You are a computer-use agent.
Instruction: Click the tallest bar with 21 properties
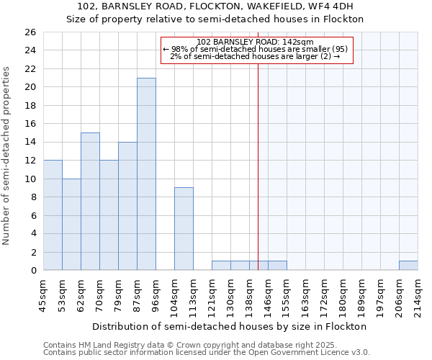click(146, 174)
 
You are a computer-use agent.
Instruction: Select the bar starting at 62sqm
click(90, 202)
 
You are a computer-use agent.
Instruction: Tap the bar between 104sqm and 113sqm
click(184, 229)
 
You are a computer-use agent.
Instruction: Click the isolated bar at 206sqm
click(408, 266)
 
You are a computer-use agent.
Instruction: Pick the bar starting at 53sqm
click(71, 225)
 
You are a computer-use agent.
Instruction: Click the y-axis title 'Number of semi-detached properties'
click(7, 155)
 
